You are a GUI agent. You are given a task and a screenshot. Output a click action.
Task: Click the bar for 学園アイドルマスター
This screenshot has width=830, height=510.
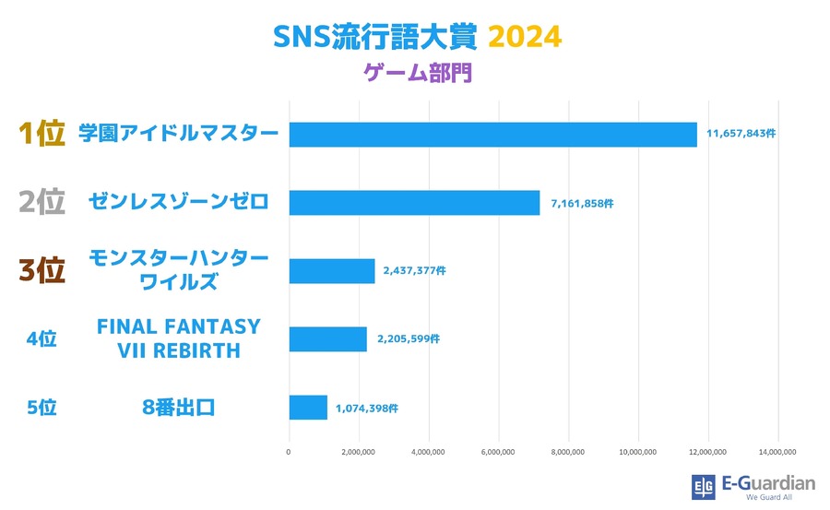[x=492, y=134]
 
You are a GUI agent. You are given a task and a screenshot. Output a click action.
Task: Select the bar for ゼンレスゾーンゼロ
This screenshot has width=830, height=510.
[x=414, y=203]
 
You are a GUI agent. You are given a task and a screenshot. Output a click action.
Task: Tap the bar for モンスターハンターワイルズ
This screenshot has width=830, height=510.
[x=332, y=271]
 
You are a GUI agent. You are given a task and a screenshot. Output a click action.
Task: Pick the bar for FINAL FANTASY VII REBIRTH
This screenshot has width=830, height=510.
[x=328, y=338]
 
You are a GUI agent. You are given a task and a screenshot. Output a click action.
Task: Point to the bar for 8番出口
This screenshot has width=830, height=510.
[x=308, y=407]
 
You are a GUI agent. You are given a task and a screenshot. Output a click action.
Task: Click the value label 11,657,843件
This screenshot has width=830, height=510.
[x=741, y=134]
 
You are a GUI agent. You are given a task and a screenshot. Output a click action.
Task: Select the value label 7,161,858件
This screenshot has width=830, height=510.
[x=582, y=203]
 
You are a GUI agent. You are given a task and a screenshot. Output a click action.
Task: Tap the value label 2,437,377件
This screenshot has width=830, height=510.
[x=415, y=271]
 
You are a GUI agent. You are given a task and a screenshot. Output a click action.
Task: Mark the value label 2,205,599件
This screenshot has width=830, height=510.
[x=409, y=339]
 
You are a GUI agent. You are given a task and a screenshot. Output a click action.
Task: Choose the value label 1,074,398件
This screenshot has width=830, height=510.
[x=367, y=407]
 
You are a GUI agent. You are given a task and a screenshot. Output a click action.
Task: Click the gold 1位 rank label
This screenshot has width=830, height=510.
[x=41, y=134]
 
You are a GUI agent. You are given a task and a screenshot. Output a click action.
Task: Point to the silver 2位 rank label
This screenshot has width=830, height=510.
[x=41, y=203]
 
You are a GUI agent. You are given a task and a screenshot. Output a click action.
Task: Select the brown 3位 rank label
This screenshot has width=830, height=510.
[x=41, y=271]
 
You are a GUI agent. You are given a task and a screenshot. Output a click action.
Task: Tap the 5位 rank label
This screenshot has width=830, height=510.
[x=41, y=407]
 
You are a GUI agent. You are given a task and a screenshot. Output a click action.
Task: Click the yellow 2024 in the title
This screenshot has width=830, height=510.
[x=524, y=38]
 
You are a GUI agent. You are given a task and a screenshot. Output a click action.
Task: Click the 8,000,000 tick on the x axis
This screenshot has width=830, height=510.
[x=568, y=452]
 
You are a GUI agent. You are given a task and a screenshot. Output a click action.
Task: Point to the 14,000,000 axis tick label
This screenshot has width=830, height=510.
[x=777, y=452]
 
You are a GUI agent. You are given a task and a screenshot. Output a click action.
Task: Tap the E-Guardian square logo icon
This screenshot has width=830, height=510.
[x=703, y=487]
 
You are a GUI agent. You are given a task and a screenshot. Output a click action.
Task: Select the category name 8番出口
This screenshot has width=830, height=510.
[x=179, y=407]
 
